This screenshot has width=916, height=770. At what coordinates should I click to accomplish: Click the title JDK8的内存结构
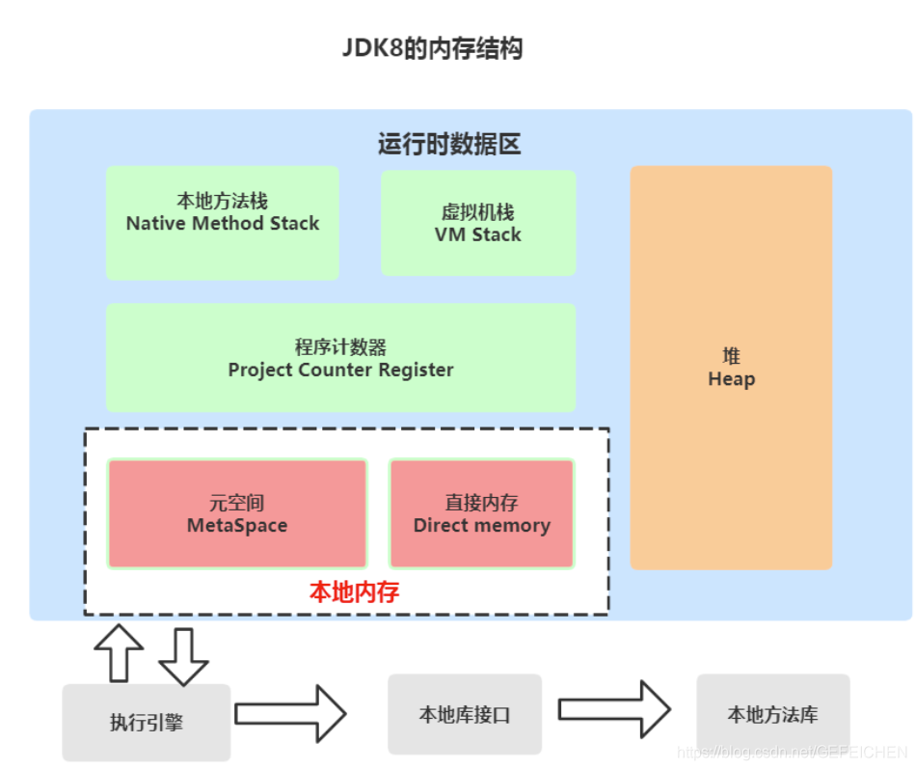tap(433, 48)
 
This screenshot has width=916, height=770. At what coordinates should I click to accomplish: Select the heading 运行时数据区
tap(449, 145)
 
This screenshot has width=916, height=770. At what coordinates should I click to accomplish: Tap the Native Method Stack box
tap(222, 223)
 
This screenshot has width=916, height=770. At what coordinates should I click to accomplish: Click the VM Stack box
tap(478, 224)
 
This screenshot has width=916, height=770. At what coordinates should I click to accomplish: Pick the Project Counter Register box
tap(340, 358)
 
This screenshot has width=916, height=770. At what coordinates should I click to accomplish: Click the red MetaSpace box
tap(237, 513)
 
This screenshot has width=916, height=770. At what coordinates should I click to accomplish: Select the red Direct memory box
tap(481, 513)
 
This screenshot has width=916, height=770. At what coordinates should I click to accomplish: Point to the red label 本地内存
tap(354, 591)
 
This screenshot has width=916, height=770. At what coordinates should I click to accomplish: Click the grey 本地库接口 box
tap(465, 715)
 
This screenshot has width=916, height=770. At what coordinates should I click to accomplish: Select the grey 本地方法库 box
tap(772, 715)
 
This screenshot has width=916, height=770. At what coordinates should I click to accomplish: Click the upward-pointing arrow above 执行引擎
tap(120, 652)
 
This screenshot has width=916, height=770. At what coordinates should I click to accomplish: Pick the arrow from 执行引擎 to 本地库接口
tap(290, 714)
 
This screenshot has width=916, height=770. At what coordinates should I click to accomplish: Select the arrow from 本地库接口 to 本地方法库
tap(614, 709)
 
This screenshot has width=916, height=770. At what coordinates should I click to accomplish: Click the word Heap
tap(731, 379)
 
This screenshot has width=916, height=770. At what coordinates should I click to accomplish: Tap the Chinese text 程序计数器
tap(340, 347)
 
